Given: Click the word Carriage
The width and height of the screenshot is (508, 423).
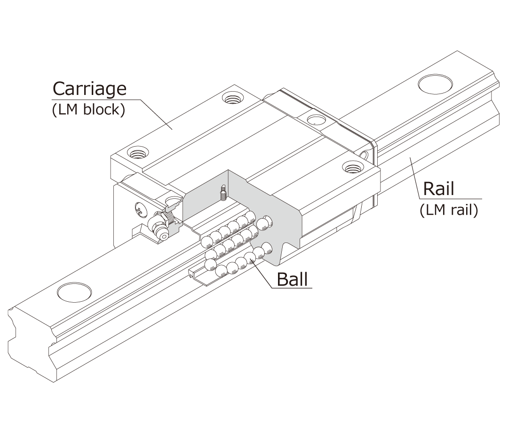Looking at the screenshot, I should (89, 88).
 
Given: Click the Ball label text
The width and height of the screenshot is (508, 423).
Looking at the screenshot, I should (292, 279).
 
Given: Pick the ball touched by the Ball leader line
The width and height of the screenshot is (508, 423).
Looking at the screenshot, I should (250, 257).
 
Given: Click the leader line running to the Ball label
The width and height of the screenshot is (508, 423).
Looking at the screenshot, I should (263, 273).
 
